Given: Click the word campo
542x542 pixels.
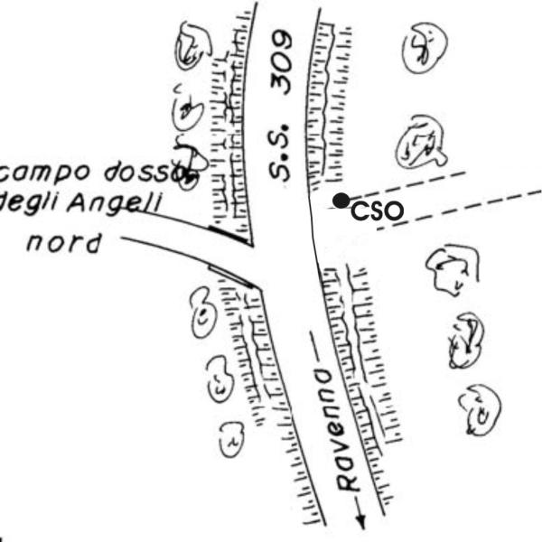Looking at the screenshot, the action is pyautogui.click(x=40, y=171).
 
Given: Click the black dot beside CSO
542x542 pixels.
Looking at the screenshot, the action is pyautogui.click(x=341, y=200).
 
